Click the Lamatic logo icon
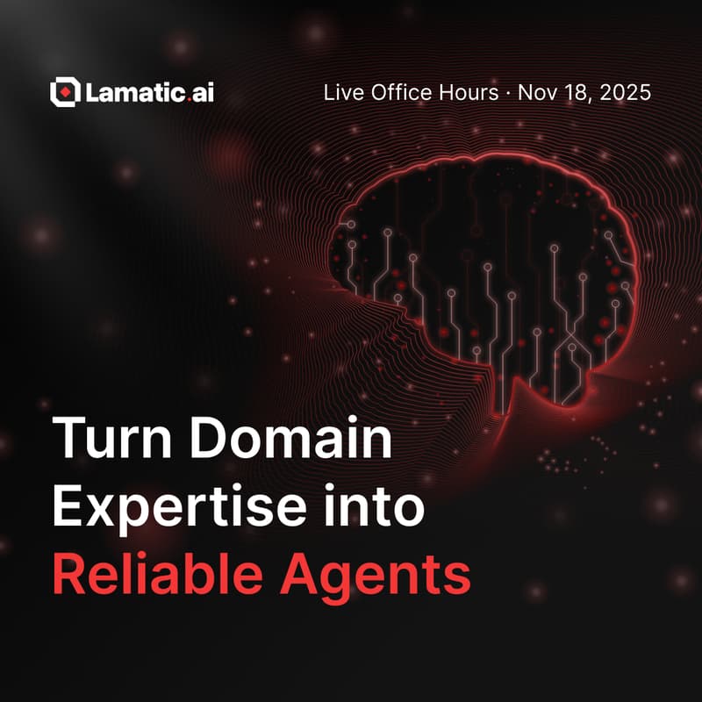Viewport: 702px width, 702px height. pyautogui.click(x=66, y=91)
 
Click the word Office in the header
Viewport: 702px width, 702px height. pyautogui.click(x=394, y=92)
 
